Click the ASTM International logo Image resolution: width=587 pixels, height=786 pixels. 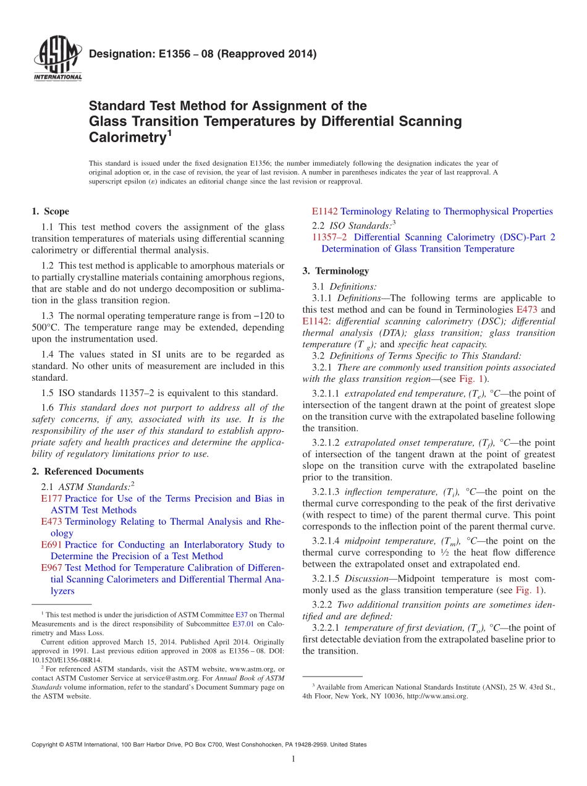tap(57, 58)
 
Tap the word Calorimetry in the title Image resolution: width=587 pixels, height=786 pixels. tap(127, 137)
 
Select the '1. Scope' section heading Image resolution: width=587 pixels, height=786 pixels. tap(50, 211)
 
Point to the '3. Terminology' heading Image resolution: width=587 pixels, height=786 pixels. tap(336, 271)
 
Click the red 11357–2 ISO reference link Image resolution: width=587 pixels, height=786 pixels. tap(329, 237)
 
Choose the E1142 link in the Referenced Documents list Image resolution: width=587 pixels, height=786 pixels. tap(325, 211)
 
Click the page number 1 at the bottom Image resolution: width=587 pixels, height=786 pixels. tap(293, 759)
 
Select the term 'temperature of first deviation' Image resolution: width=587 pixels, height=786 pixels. tap(402, 628)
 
